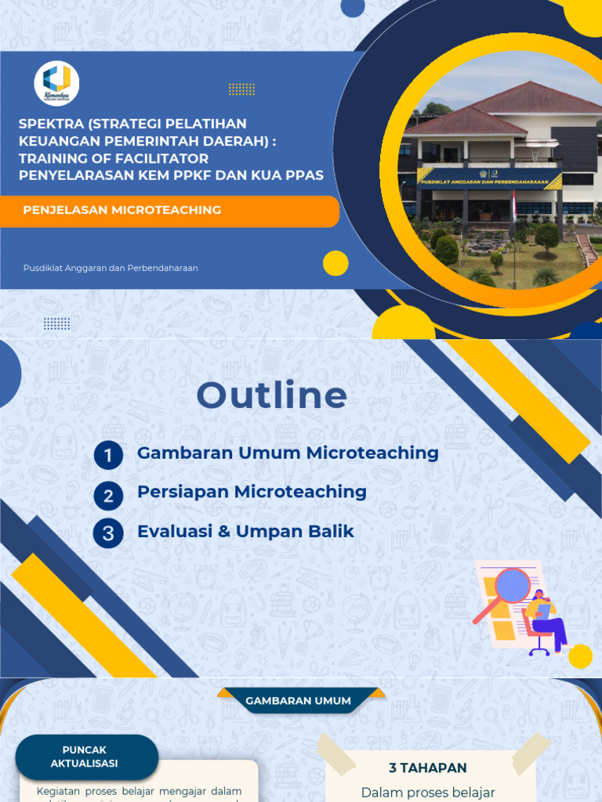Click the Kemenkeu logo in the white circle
(x=56, y=82)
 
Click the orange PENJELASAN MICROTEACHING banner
(x=169, y=211)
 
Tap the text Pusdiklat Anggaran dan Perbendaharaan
(x=111, y=268)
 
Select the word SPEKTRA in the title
(x=50, y=124)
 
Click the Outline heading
(x=271, y=396)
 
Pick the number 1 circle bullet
(x=108, y=455)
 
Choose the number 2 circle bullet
(x=108, y=495)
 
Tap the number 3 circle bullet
(x=108, y=534)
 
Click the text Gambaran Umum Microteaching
(x=288, y=453)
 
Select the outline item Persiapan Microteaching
(x=252, y=492)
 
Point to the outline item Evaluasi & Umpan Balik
(x=245, y=532)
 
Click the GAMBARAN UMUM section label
(x=298, y=700)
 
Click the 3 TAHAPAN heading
(x=428, y=768)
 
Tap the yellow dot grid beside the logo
(x=241, y=89)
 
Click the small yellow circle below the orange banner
(x=335, y=263)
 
